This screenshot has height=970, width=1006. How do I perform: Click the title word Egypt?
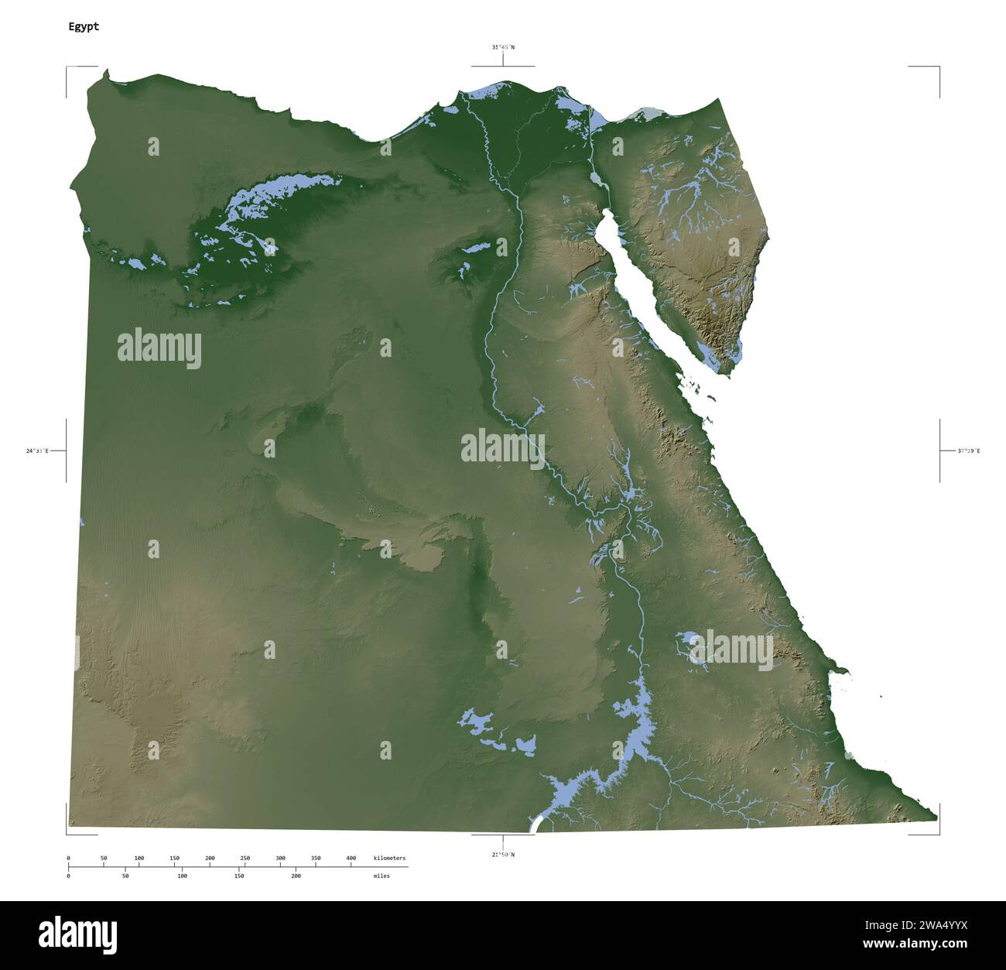click(84, 26)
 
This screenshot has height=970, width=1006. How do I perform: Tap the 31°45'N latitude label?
click(503, 47)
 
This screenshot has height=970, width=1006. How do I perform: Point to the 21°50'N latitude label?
click(503, 855)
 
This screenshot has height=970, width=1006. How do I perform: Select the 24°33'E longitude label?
click(37, 451)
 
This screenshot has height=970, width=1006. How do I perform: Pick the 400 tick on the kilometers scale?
click(351, 859)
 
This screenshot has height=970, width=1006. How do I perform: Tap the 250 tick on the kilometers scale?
click(245, 859)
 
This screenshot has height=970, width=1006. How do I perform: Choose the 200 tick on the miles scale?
click(296, 876)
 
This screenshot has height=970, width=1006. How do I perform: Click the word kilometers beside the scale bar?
click(389, 859)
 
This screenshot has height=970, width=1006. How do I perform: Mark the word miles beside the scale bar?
click(382, 876)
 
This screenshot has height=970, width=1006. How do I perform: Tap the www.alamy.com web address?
click(915, 944)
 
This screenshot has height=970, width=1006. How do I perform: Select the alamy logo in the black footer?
click(77, 934)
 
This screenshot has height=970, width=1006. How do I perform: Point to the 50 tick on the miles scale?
click(125, 876)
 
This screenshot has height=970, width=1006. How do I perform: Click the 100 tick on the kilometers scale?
click(139, 859)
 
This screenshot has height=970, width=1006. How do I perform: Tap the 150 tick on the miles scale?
click(239, 876)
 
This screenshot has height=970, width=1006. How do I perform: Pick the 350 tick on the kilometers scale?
click(316, 859)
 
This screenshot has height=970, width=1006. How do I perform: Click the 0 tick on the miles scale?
click(68, 876)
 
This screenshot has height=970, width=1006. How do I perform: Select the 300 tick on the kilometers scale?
click(280, 859)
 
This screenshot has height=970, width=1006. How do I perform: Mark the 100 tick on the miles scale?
click(182, 876)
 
